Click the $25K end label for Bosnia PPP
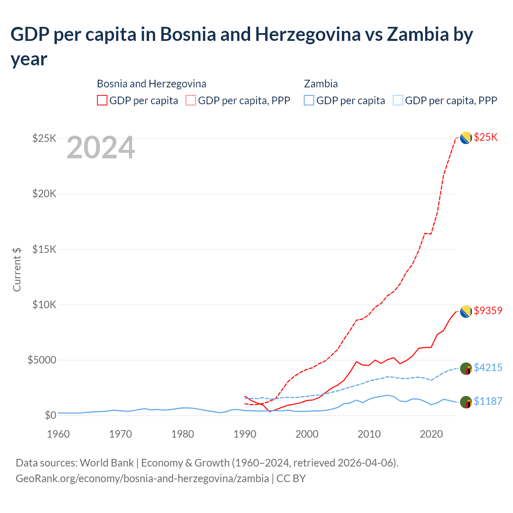tap(485, 137)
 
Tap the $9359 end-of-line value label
tap(488, 311)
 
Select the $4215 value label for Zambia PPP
tap(488, 368)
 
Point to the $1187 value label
tap(488, 401)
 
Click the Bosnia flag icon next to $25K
tap(466, 138)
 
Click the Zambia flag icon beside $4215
tap(466, 368)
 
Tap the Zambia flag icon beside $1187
tap(466, 402)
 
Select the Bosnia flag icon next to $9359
tap(466, 311)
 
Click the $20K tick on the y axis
tap(44, 194)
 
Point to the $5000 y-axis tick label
tap(42, 360)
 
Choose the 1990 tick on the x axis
tap(244, 434)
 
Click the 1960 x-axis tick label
tap(59, 434)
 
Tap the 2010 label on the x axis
tap(369, 434)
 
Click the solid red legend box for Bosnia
tap(102, 100)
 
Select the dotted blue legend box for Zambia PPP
tap(398, 100)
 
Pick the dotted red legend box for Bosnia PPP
tap(191, 100)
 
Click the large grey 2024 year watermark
tap(101, 148)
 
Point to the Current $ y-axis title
tap(17, 269)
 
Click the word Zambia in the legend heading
tap(321, 84)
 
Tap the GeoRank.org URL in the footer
tap(142, 479)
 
